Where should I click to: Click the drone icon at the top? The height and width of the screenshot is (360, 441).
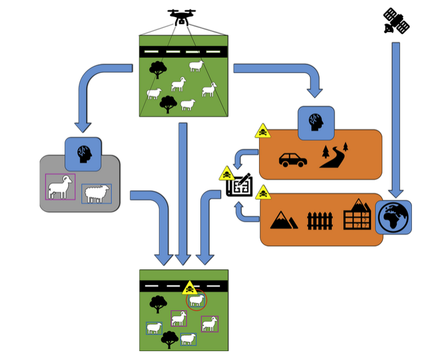181,17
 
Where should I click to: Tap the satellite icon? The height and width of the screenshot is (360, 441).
396,21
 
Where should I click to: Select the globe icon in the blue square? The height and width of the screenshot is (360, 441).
394,217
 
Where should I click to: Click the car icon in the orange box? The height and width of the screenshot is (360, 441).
293,160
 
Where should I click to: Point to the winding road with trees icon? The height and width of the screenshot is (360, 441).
334,155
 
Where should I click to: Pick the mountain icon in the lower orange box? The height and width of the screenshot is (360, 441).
284,220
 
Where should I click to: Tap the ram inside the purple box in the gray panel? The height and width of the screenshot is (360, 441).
60,187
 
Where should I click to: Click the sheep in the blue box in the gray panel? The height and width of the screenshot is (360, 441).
97,193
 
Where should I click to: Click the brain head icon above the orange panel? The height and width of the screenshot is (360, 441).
316,123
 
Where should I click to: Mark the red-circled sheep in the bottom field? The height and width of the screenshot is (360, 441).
196,301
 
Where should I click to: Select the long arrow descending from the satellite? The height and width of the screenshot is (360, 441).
396,119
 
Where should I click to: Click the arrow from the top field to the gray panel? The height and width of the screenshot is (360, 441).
89,89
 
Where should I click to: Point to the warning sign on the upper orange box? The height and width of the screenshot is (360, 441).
263,131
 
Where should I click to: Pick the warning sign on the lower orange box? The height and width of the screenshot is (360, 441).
263,192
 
